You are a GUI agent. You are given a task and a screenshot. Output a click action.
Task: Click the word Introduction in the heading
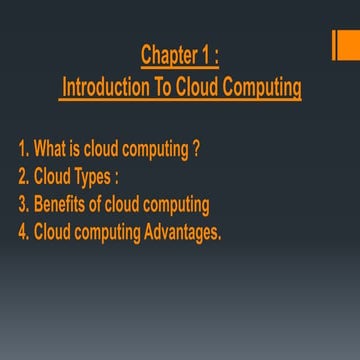pyautogui.click(x=104, y=87)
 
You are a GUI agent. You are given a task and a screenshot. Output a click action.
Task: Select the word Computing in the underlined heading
pyautogui.click(x=261, y=87)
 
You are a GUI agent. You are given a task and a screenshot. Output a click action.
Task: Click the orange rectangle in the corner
pyautogui.click(x=345, y=45)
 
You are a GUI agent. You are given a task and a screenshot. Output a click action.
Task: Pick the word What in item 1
pyautogui.click(x=50, y=151)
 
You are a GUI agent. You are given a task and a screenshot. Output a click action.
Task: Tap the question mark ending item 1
pyautogui.click(x=197, y=151)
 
